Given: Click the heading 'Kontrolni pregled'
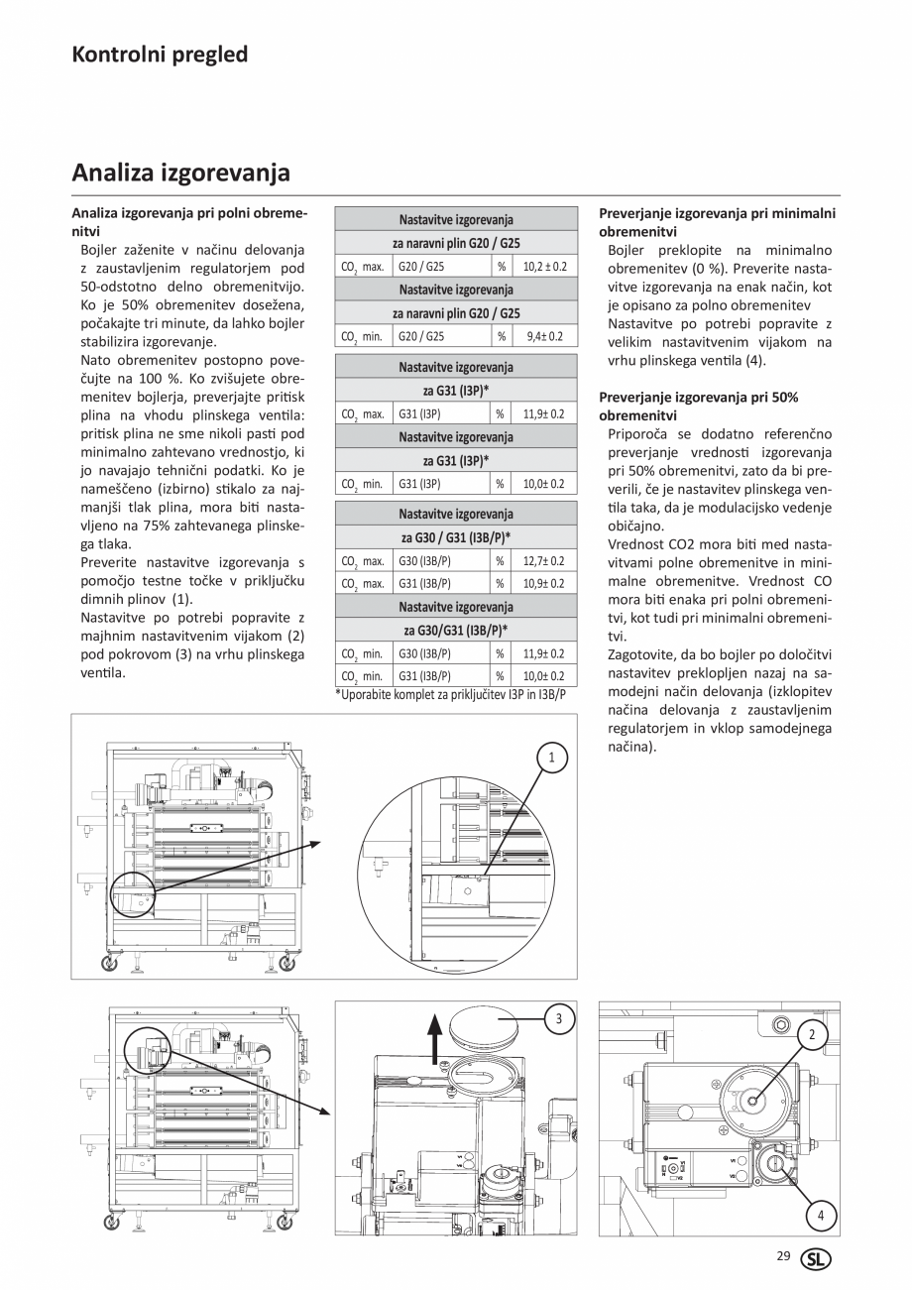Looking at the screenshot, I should pos(160,55).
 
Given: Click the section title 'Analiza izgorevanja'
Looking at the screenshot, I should pos(180,173).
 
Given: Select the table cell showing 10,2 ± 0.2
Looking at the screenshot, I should pos(544,267).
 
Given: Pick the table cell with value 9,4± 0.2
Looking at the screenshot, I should pos(544,337).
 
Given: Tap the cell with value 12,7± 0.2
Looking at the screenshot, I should pos(544,561).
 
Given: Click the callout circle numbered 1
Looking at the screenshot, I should pos(552,758).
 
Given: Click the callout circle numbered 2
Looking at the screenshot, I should pos(812,1035).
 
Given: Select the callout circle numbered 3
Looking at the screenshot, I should pos(559,1018).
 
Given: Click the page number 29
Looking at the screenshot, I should pos(783,1256).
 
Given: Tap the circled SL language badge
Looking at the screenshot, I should pos(817,1258).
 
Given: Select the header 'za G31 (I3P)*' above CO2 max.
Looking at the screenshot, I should pos(456,391).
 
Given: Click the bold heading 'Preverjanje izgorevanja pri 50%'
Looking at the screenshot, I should pos(699,398).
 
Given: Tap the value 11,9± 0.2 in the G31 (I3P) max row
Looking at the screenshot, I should pos(544,413).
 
